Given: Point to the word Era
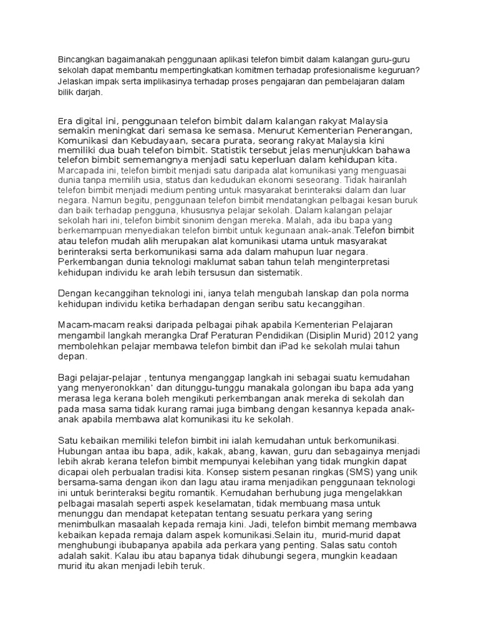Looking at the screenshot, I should pyautogui.click(x=65, y=120).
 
